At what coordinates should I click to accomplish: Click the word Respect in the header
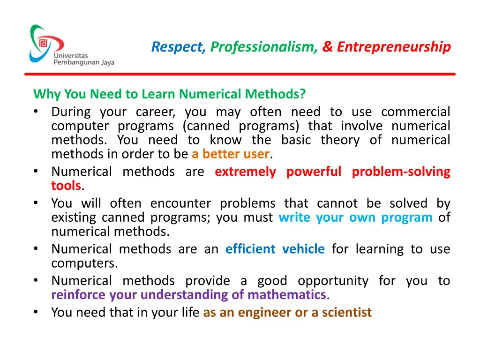point(178,47)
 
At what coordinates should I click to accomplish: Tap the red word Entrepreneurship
point(394,47)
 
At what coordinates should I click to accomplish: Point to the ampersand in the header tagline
point(327,47)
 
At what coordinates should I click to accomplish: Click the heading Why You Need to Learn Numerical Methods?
point(169,94)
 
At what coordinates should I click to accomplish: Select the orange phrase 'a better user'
point(231,154)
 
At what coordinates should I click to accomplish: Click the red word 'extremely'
point(245,172)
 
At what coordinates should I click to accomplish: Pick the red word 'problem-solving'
point(401,172)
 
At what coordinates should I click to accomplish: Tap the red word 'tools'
point(66,186)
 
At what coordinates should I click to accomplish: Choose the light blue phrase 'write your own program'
point(355,217)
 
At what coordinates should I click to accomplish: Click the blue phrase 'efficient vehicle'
point(275,249)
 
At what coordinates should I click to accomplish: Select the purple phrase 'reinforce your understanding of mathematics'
point(188,294)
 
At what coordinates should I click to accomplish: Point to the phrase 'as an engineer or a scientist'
point(287,312)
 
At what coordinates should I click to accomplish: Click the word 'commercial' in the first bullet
point(415,112)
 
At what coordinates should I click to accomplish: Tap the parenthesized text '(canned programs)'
point(240,126)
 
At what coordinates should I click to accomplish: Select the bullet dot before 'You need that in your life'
point(36,312)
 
